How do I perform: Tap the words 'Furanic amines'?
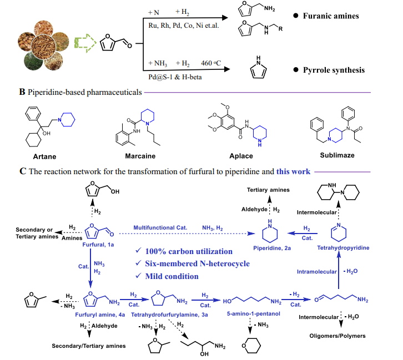click(331, 16)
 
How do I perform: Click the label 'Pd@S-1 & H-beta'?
click(175, 77)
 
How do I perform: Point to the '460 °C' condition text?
click(211, 63)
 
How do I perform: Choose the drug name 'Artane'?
click(44, 156)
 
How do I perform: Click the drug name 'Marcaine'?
click(140, 156)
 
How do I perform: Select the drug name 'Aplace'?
click(241, 156)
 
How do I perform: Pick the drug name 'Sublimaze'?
click(337, 155)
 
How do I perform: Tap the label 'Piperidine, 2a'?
click(272, 248)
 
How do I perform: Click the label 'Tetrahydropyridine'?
click(343, 248)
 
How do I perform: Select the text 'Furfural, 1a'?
click(98, 245)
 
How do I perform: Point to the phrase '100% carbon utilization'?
click(189, 251)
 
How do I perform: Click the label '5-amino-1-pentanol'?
click(254, 313)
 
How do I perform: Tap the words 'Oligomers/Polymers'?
click(337, 336)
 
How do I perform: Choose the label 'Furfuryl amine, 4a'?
click(100, 315)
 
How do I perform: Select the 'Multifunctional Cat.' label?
click(160, 228)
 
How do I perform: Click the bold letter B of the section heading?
click(22, 92)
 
